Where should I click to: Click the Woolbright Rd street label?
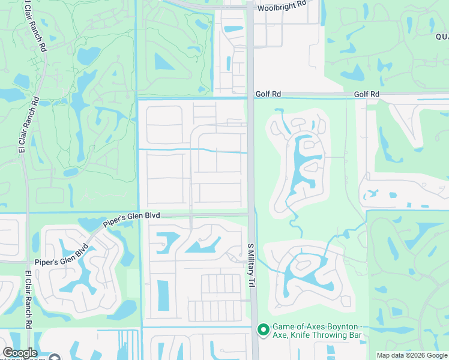point(282,9)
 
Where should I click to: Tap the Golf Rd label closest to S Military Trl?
point(268,94)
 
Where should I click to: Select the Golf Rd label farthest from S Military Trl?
point(367,94)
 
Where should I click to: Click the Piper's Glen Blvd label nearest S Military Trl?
point(132,218)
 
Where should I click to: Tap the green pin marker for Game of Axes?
point(262,329)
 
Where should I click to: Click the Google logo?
point(20,353)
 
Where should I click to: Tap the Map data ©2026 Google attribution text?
point(412,355)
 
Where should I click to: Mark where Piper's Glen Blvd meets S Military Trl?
point(251,214)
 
